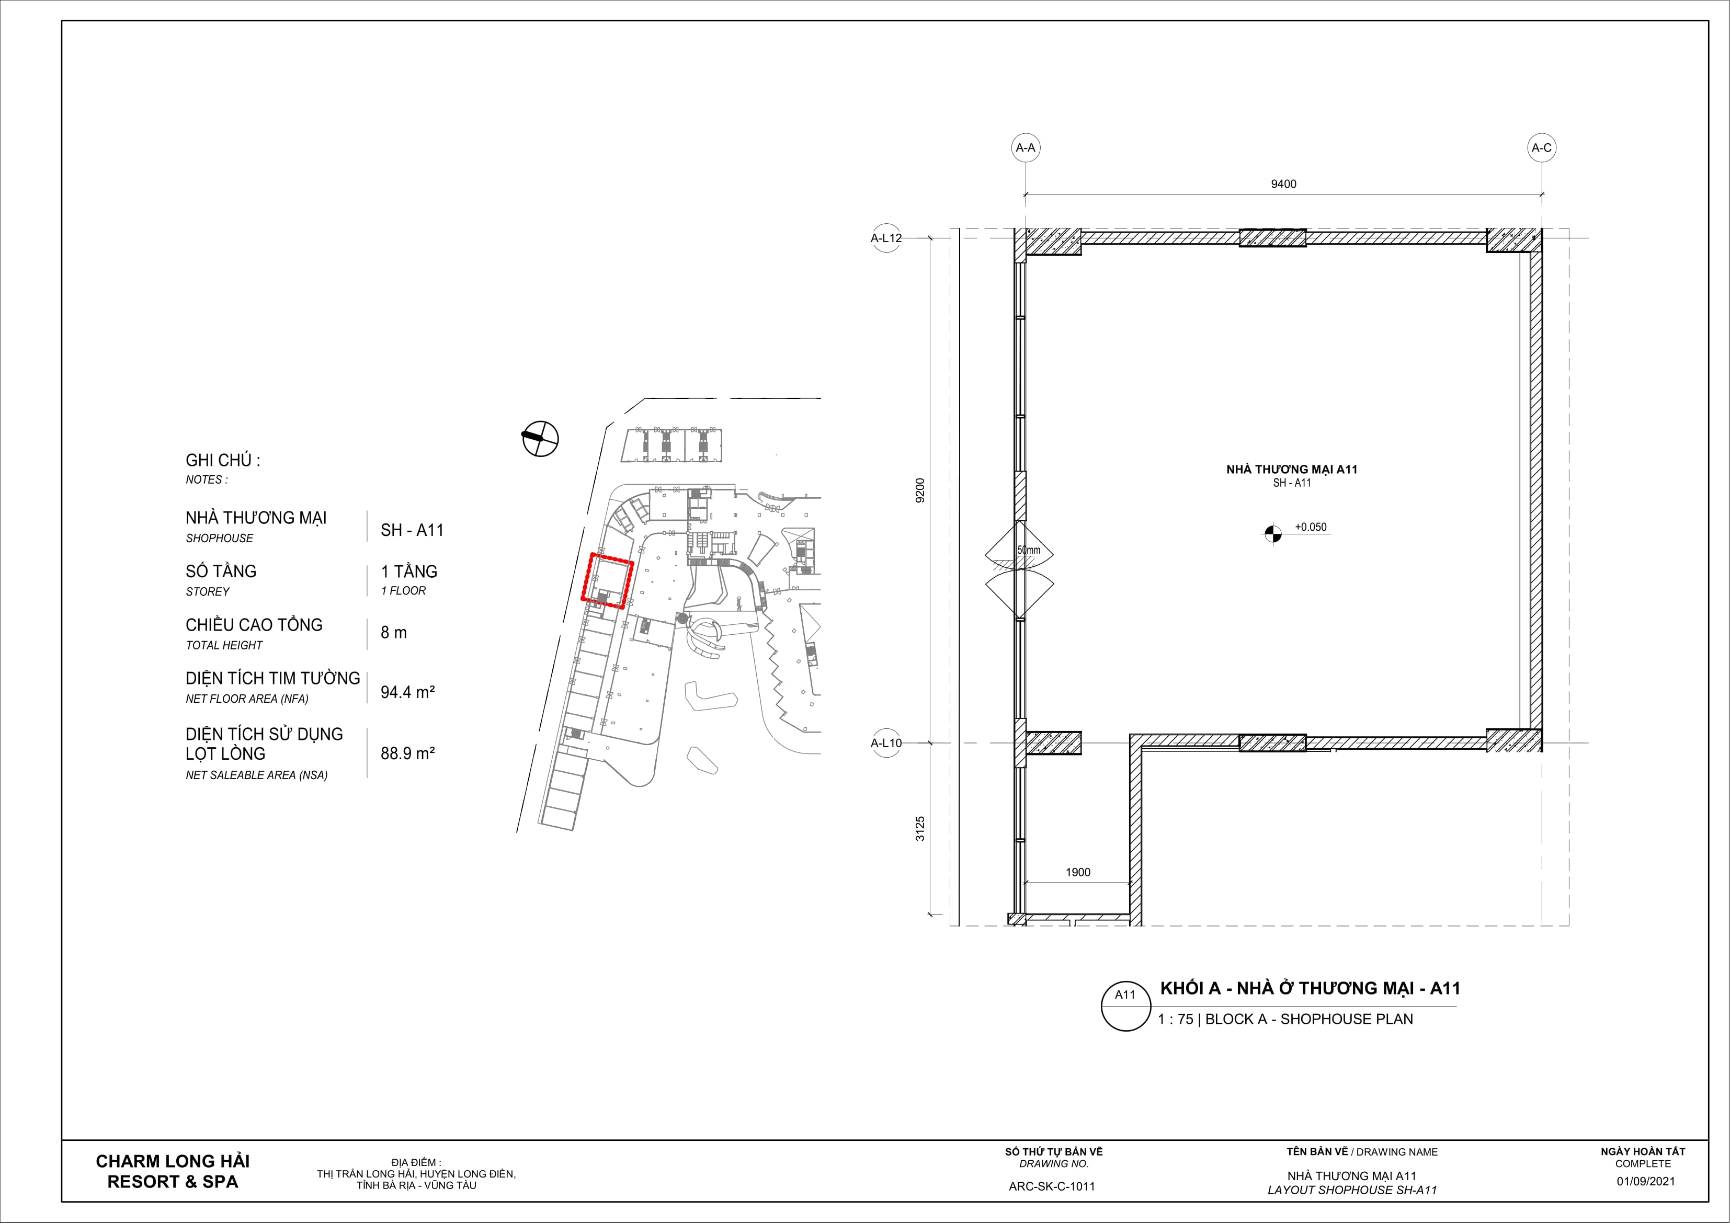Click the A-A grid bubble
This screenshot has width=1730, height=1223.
[x=1026, y=147]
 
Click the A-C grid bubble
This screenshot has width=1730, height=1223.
[x=1542, y=147]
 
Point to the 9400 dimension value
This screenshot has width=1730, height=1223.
[x=1284, y=184]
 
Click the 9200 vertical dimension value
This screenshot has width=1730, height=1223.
[x=920, y=490]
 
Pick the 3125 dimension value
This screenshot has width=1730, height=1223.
[x=920, y=829]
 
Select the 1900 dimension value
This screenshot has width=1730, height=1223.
[x=1078, y=872]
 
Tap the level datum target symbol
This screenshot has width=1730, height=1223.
[x=1272, y=533]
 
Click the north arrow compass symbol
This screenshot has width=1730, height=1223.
[x=540, y=437]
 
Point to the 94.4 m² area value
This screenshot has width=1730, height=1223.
[x=407, y=692]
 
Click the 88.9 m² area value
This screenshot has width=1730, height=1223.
[x=407, y=753]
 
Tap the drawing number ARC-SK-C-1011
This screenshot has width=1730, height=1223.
[x=1052, y=1186]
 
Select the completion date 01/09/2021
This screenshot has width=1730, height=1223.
[x=1646, y=1181]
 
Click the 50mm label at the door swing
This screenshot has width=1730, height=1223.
[x=1029, y=550]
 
